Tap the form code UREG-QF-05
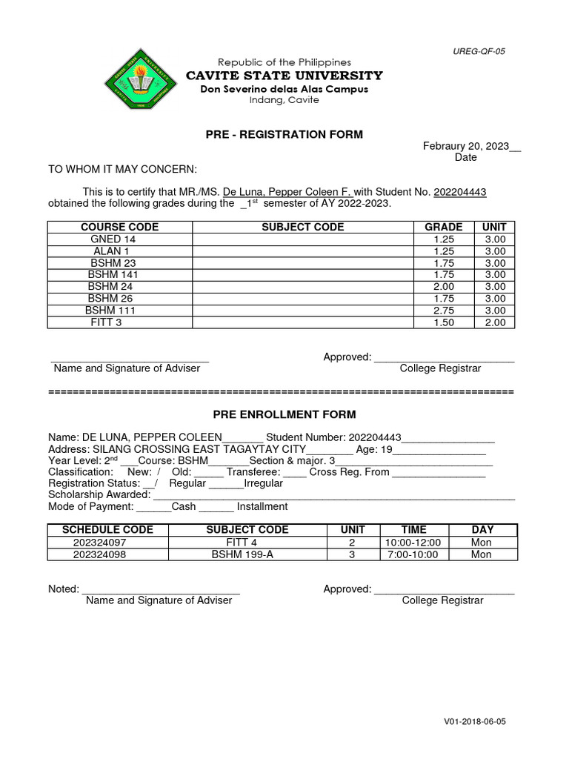point(479,51)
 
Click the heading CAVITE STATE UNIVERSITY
point(284,76)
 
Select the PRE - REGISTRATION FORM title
point(284,134)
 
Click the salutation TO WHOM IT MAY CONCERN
point(122,169)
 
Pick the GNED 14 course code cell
point(113,239)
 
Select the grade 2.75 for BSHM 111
point(443,311)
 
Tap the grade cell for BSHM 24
point(443,287)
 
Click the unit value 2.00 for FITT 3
point(494,322)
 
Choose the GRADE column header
point(443,227)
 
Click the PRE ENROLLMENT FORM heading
point(284,414)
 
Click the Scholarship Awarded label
point(99,494)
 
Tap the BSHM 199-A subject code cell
point(242,554)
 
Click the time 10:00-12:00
point(413,542)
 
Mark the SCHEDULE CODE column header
point(107,529)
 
